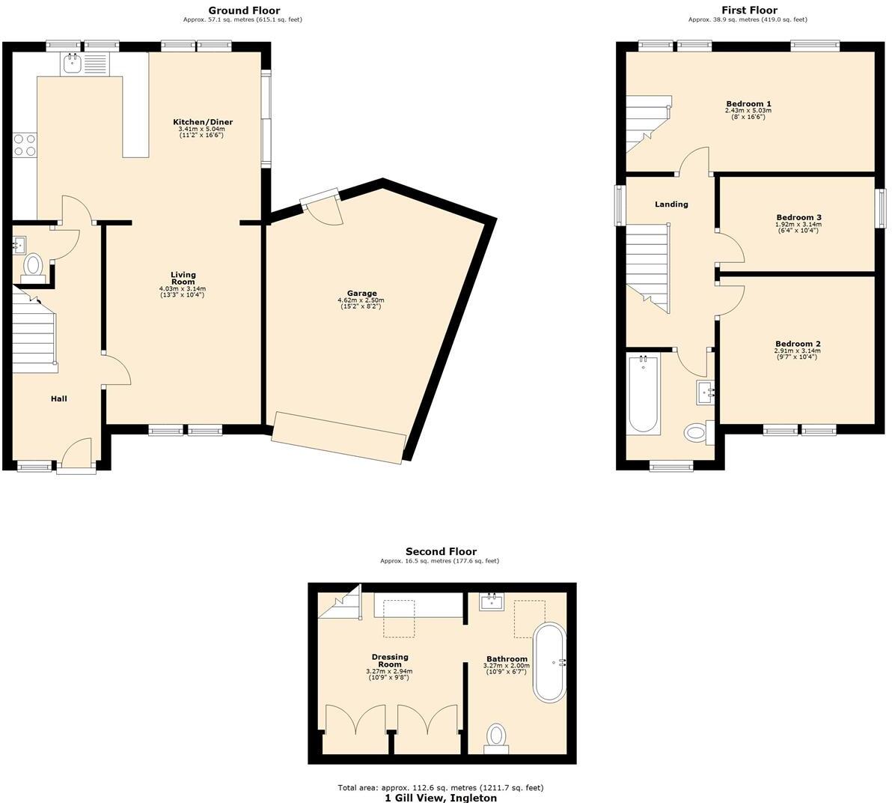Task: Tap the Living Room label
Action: pyautogui.click(x=183, y=279)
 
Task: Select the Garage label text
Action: pyautogui.click(x=361, y=294)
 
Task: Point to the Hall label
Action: pyautogui.click(x=58, y=399)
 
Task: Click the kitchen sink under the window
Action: pyautogui.click(x=72, y=63)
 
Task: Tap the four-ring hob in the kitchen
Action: pyautogui.click(x=25, y=145)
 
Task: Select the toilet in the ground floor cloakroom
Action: pyautogui.click(x=33, y=266)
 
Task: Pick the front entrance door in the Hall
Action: pyautogui.click(x=76, y=457)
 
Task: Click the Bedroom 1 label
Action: pyautogui.click(x=748, y=104)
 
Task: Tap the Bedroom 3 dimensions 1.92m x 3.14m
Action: pyautogui.click(x=798, y=224)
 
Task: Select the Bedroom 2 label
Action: pyautogui.click(x=797, y=344)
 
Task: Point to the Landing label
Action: pyautogui.click(x=671, y=204)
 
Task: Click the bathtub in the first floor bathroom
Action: pyautogui.click(x=644, y=394)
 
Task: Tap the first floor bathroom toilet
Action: pyautogui.click(x=696, y=432)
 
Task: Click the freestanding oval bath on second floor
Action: pyautogui.click(x=550, y=661)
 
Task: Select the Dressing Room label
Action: pyautogui.click(x=389, y=661)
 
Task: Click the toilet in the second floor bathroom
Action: pyautogui.click(x=496, y=735)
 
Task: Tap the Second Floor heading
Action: pyautogui.click(x=441, y=551)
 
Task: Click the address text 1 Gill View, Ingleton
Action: pyautogui.click(x=440, y=798)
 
